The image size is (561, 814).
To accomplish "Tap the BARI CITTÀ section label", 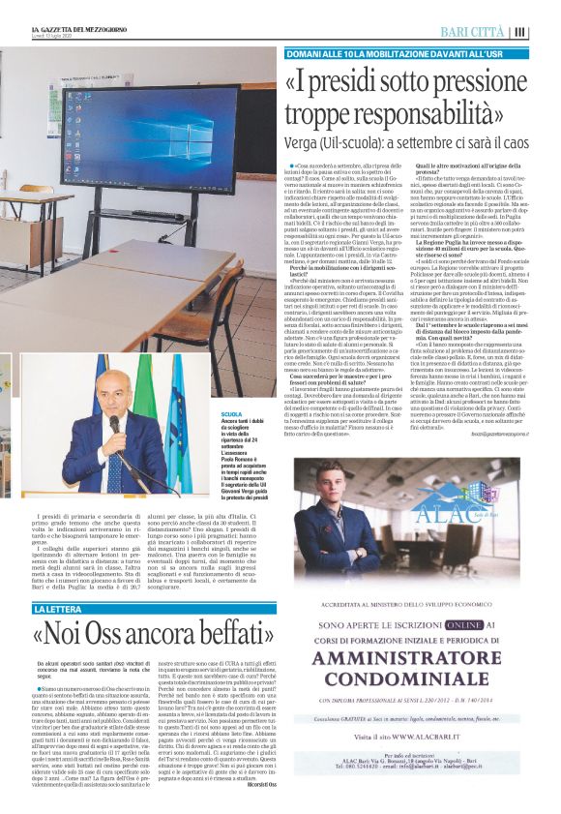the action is pos(473,32).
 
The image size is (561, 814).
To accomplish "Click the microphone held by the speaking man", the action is pos(115,424).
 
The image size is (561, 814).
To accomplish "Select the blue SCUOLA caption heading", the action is pos(206,413).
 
